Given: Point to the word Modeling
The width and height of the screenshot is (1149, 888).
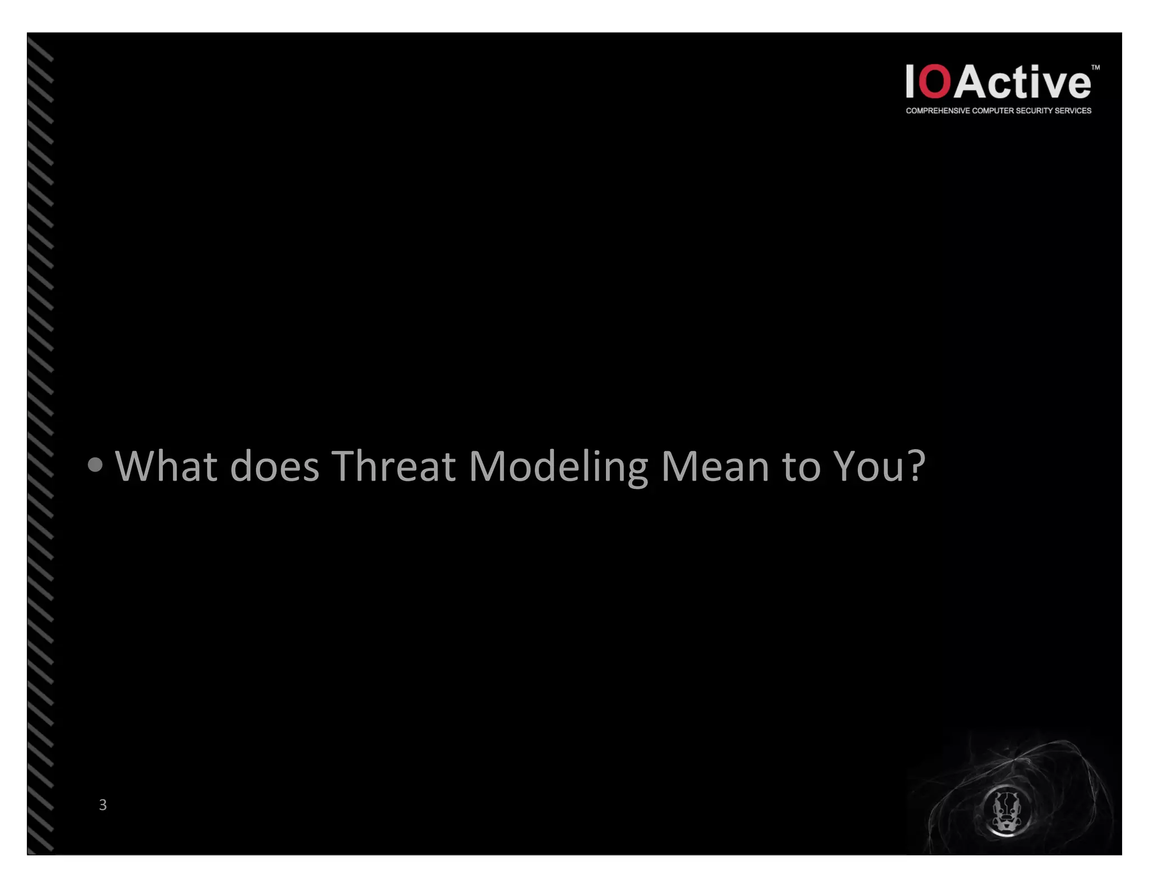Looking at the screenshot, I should click(558, 467).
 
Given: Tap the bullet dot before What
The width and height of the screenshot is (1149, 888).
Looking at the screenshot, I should click(95, 465).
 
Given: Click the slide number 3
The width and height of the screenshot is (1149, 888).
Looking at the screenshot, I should click(103, 804).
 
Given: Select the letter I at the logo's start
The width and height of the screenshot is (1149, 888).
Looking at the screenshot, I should click(910, 82).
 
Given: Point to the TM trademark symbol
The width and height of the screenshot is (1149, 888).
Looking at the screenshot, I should click(1095, 67).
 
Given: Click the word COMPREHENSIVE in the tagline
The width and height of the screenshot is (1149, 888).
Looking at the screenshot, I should click(938, 111).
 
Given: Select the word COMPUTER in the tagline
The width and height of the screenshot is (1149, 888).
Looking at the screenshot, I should click(993, 111).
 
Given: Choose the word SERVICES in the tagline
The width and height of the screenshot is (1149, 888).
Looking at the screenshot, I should click(1073, 111).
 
